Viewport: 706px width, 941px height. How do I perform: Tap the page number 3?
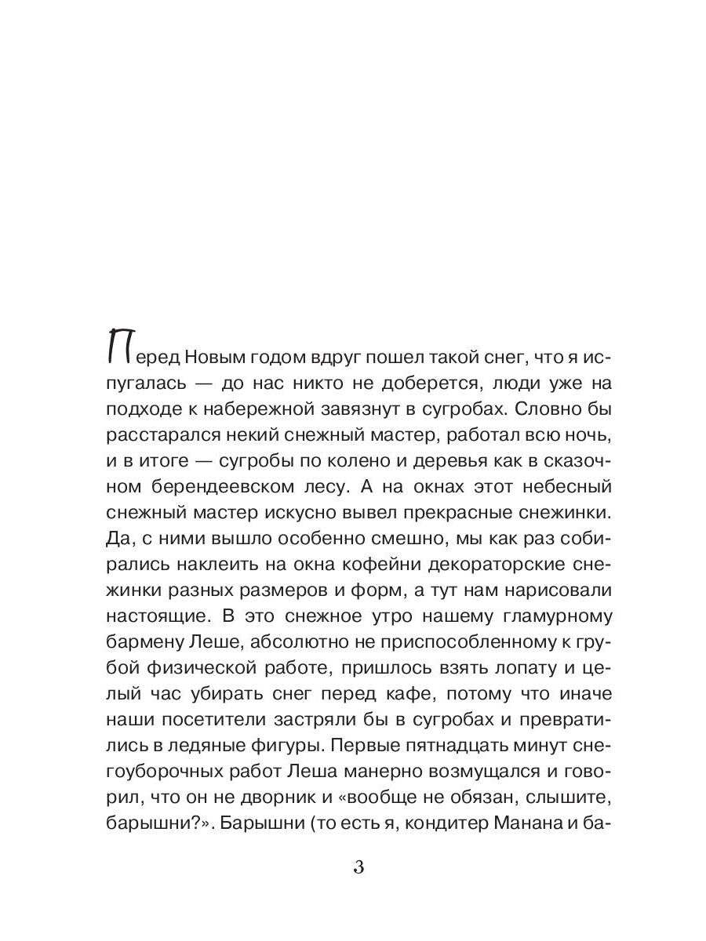click(358, 867)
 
